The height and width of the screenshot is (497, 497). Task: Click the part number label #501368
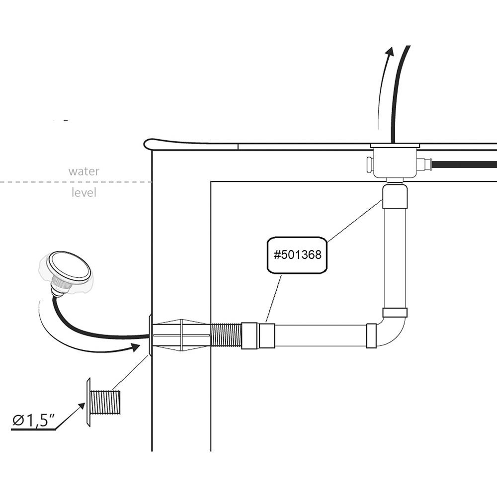coord(297,255)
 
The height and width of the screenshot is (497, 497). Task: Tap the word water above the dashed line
coord(83,171)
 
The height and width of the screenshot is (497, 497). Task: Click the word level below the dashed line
coord(83,192)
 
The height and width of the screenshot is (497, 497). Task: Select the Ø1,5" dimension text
coord(33,420)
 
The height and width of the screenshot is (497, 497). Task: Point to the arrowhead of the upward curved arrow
coord(390,52)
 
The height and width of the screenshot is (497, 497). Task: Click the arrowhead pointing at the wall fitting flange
coord(135,347)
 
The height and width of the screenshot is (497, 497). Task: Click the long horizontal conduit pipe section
coord(321,335)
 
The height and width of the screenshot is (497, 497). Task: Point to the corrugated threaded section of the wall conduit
coord(226,335)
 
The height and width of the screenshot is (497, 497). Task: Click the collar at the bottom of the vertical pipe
coord(395,313)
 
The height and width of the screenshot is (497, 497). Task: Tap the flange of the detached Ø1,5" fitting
coord(88,403)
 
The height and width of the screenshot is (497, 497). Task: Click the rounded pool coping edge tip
coord(147,144)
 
